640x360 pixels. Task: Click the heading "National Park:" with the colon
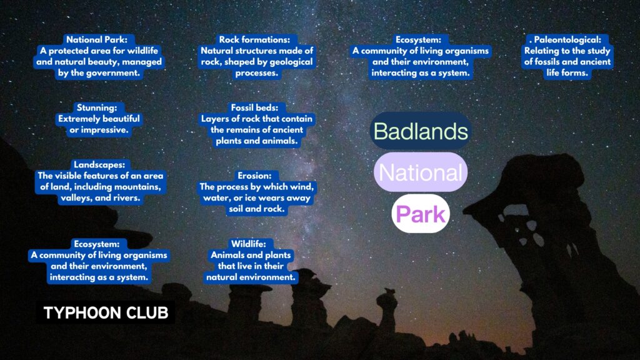[x=97, y=39]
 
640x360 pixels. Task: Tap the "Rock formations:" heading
[x=254, y=39]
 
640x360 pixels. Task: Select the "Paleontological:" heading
[x=567, y=39]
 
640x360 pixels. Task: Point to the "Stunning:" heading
[x=97, y=107]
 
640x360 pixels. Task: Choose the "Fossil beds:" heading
[x=254, y=107]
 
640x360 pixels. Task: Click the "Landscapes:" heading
[x=99, y=164]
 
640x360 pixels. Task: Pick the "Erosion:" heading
[x=254, y=176]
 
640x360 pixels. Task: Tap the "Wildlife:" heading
[x=248, y=244]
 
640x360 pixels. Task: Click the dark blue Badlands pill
[x=421, y=131]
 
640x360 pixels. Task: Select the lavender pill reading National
[x=421, y=172]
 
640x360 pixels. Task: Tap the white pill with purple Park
[x=421, y=214]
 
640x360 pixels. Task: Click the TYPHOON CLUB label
[x=106, y=312]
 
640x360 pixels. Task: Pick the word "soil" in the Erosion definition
[x=236, y=209]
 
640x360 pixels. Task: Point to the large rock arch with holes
[x=543, y=212]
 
